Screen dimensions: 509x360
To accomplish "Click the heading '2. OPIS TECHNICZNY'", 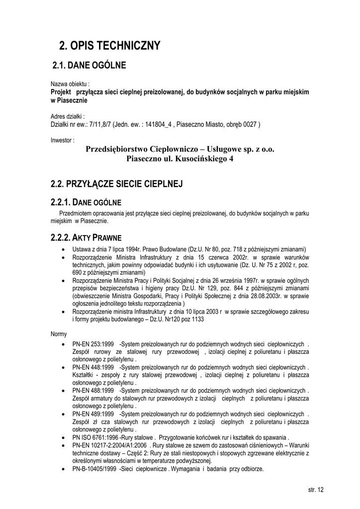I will (110, 46).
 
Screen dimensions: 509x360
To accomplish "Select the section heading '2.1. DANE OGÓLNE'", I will (89, 65).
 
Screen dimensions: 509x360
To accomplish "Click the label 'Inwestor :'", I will (63, 140).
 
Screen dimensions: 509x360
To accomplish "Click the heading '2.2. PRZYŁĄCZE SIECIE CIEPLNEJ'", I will (117, 184).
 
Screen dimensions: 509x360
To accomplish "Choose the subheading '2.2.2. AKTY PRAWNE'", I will (86, 237).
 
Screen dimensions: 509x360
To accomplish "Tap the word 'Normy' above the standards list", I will (59, 334).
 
